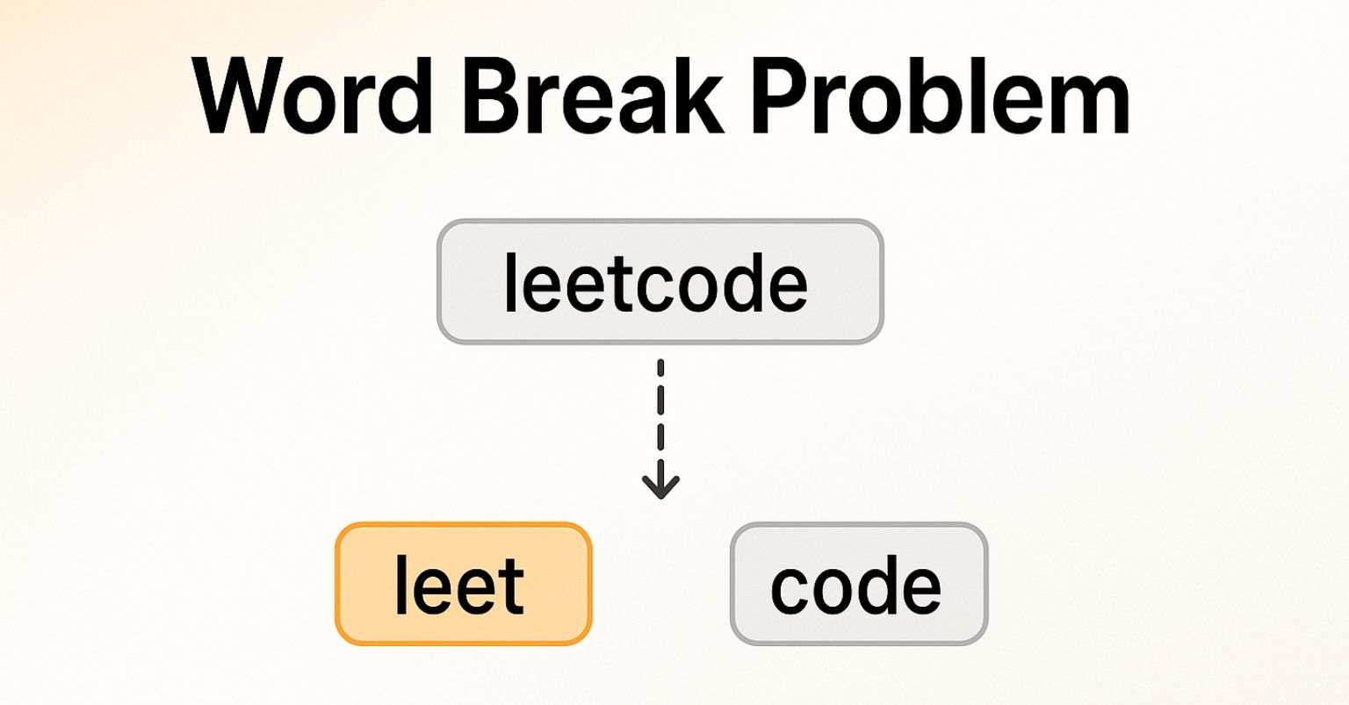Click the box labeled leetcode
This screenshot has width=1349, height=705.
pos(660,281)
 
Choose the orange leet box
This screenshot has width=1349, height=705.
pos(463,585)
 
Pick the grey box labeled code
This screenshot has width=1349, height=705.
pos(858,585)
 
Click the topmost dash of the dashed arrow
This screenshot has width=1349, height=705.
pos(660,368)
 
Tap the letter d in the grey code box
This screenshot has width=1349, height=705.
pos(878,584)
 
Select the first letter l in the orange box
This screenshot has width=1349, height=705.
pos(401,584)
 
